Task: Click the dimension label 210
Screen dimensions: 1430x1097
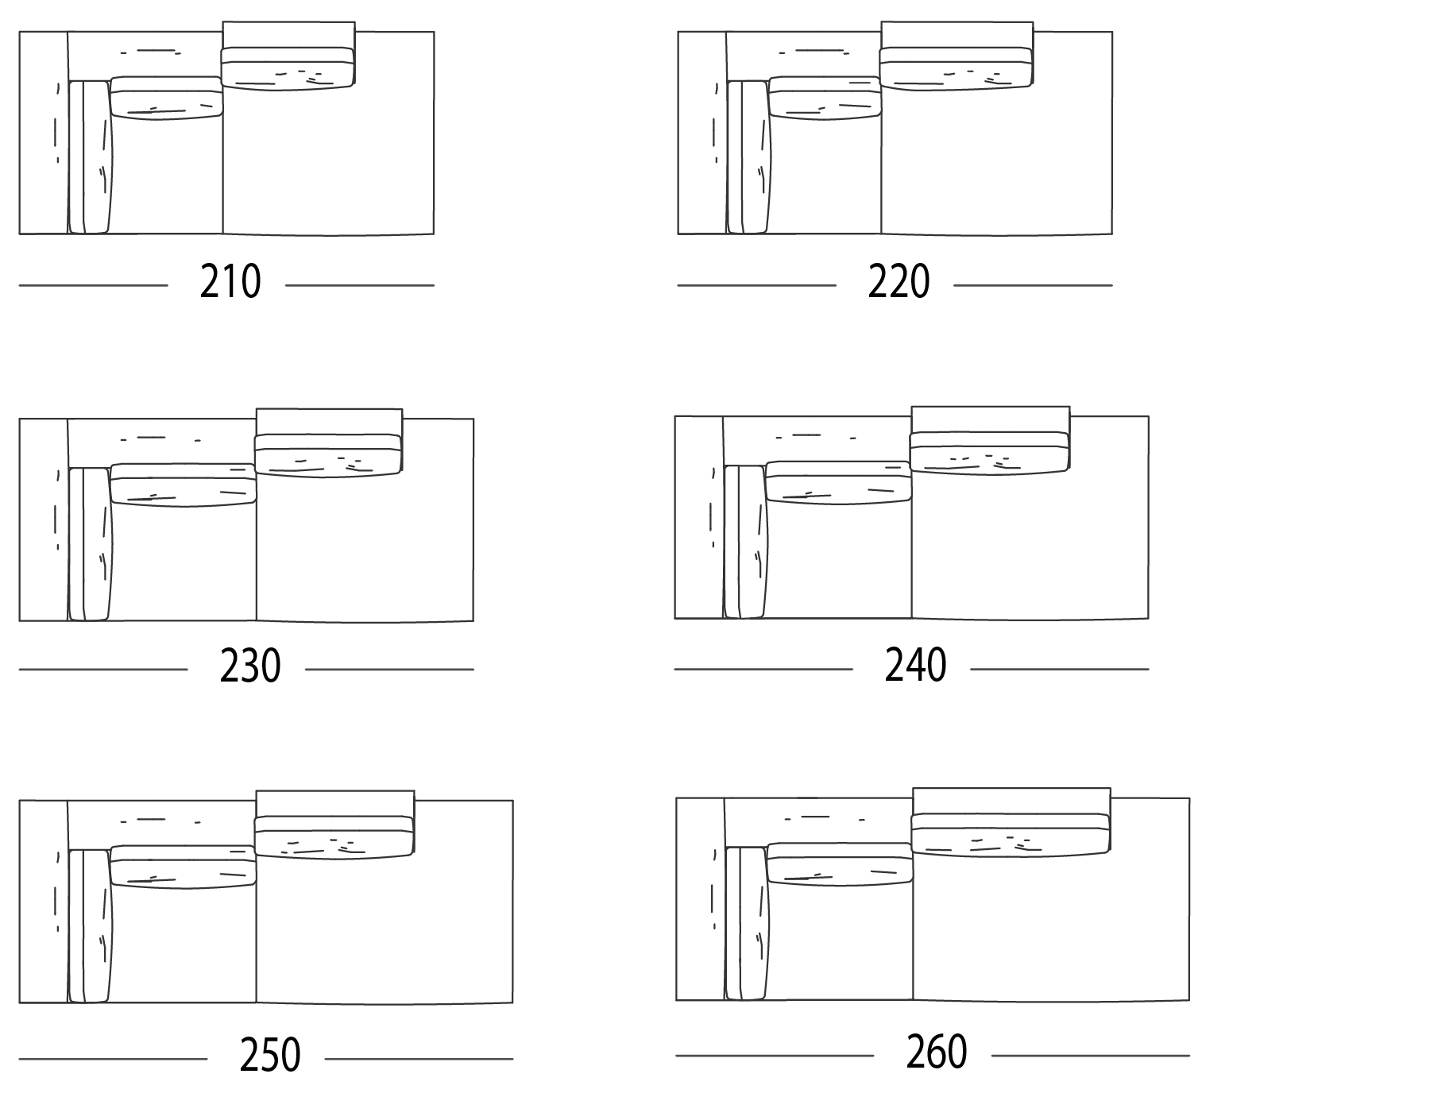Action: tap(230, 282)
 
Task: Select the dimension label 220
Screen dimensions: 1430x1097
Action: tap(899, 282)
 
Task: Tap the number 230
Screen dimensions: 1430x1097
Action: tap(250, 666)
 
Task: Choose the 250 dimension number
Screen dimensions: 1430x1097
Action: tap(270, 1055)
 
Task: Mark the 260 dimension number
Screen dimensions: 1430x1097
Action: tap(937, 1052)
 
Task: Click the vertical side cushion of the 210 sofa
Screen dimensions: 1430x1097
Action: tap(89, 157)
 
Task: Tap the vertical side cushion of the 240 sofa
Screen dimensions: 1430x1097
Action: tap(745, 542)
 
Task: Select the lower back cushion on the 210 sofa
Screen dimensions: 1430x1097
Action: tap(166, 98)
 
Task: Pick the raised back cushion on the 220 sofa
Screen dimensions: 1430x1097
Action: tap(957, 67)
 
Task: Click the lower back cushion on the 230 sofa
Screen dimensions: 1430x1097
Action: tap(183, 485)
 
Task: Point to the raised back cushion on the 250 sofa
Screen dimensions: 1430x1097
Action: tap(334, 836)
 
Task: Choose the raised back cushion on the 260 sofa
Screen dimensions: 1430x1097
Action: tap(1011, 834)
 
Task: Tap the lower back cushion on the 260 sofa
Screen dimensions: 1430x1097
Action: tap(840, 863)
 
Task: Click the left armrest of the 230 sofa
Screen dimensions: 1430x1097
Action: tap(44, 520)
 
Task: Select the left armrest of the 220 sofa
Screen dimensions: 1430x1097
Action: tap(702, 133)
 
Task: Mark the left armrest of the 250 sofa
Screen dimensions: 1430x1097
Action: tap(44, 902)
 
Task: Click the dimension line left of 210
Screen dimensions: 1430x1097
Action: tap(94, 285)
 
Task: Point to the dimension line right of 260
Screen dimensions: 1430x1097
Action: tap(1091, 1056)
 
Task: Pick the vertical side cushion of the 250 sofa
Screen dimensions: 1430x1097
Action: tap(89, 926)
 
